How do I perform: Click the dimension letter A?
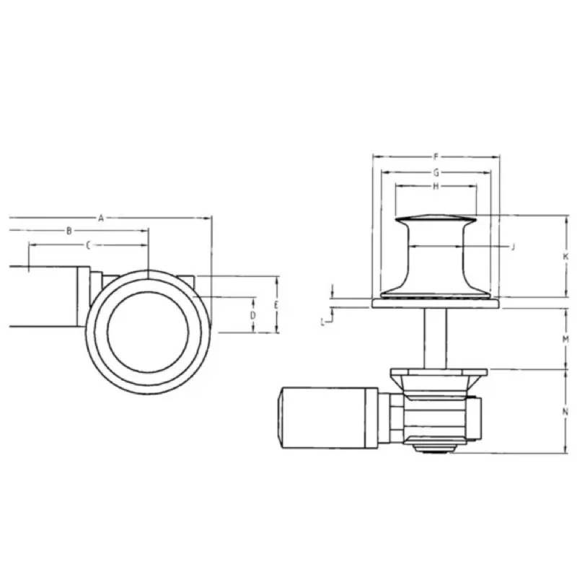[x=102, y=216]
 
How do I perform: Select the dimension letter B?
[x=69, y=231]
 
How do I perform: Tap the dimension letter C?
[x=87, y=245]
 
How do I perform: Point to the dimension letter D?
[x=253, y=315]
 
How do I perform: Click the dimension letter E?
[x=277, y=305]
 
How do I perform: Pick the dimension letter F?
[x=436, y=156]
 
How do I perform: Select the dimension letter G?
[x=436, y=172]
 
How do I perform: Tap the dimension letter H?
[x=436, y=186]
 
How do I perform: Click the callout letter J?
[x=512, y=247]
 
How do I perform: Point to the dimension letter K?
[x=566, y=256]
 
